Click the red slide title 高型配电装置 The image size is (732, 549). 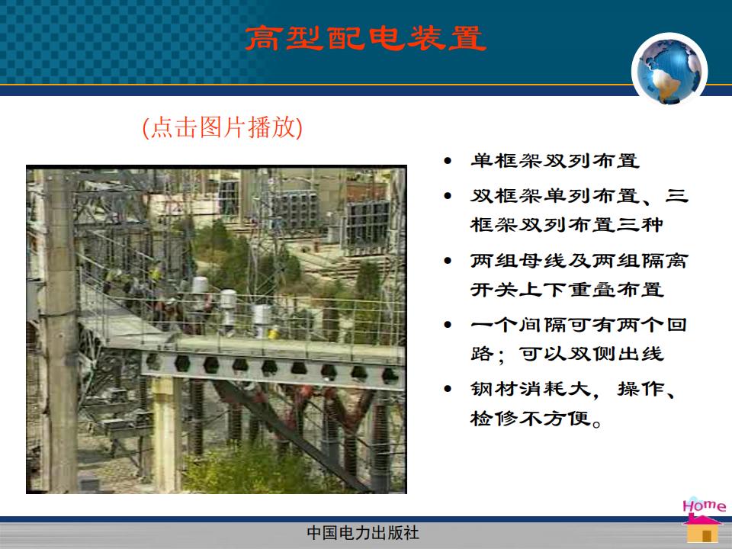[x=365, y=38]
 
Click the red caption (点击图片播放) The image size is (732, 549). [x=222, y=127]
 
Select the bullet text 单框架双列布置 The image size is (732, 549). [x=554, y=161]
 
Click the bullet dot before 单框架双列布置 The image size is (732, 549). [x=448, y=161]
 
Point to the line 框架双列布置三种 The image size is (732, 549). [x=567, y=224]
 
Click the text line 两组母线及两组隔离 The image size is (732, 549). [x=579, y=260]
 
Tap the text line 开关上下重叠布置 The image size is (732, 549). [x=567, y=290]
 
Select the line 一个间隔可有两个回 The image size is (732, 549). [x=579, y=325]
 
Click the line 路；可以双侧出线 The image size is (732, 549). [x=567, y=354]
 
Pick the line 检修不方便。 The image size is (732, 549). [x=536, y=419]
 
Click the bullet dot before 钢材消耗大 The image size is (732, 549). [x=448, y=388]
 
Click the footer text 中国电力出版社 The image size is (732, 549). [x=363, y=533]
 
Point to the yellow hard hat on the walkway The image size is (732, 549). [x=273, y=333]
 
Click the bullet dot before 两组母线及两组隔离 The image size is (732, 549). [x=448, y=261]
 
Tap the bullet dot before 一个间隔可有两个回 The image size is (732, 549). [x=448, y=325]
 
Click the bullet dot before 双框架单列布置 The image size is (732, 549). [x=448, y=196]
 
